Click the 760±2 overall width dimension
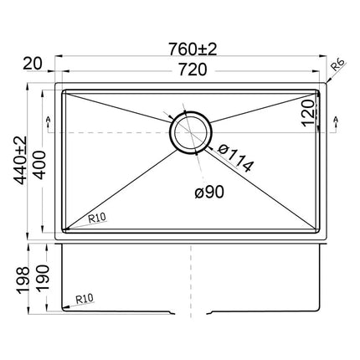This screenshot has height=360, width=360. coord(193,49)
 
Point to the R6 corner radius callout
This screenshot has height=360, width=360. coord(339,64)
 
